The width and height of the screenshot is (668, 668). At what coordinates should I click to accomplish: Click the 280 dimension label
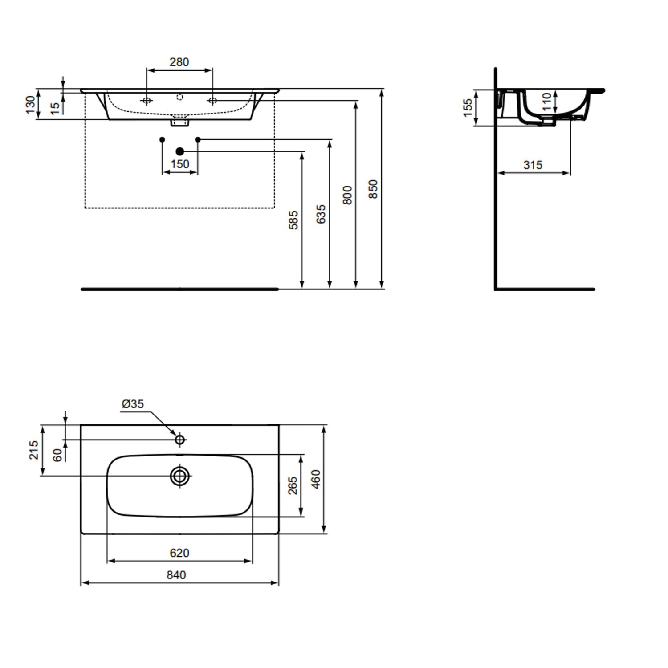(179, 62)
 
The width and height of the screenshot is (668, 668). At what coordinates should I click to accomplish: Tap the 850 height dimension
(373, 189)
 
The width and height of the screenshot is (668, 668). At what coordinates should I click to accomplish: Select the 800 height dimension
(347, 195)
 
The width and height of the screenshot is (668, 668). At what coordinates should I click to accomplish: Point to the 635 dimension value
(321, 214)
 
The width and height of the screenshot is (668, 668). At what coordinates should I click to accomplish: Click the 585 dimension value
(293, 220)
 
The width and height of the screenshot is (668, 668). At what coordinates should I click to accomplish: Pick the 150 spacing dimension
(180, 164)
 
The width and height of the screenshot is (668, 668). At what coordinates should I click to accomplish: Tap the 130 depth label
(30, 105)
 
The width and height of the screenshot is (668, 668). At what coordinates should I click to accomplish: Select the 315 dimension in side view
(533, 165)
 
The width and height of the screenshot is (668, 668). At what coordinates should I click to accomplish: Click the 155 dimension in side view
(468, 108)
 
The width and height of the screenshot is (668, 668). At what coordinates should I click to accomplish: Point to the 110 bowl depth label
(547, 102)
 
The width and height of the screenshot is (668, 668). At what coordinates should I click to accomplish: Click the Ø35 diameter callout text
(133, 404)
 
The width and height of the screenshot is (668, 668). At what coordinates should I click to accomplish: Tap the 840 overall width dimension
(176, 575)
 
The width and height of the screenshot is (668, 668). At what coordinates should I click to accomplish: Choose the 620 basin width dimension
(179, 553)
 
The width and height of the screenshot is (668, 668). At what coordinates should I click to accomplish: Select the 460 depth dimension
(316, 479)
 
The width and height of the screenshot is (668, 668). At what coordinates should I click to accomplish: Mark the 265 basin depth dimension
(292, 485)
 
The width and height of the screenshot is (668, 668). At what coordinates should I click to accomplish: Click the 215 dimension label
(34, 450)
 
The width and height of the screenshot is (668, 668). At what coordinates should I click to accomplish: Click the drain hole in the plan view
(179, 476)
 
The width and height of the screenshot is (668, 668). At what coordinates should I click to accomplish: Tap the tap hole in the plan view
(179, 440)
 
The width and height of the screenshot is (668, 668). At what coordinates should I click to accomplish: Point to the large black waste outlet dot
(180, 151)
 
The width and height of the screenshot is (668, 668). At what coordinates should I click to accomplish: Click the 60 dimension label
(57, 455)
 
